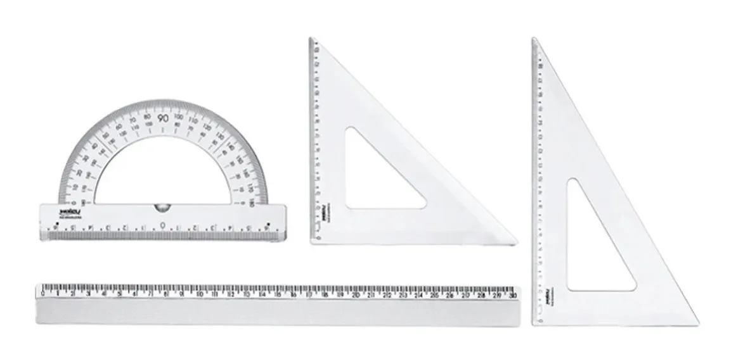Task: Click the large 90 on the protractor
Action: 163,118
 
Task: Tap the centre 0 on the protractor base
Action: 163,225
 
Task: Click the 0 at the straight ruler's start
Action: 42,293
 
